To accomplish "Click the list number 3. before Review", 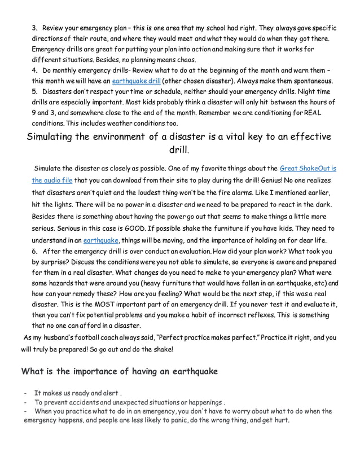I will pyautogui.click(x=35, y=28).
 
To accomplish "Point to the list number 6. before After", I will pyautogui.click(x=35, y=252).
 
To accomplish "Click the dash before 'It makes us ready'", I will pyautogui.click(x=25, y=393).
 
